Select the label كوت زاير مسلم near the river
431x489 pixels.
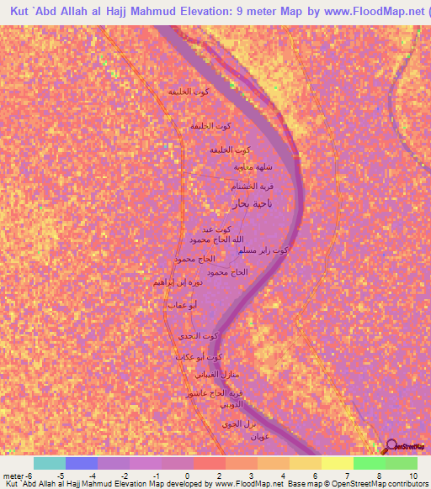(x=263, y=250)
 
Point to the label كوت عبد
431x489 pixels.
(x=216, y=229)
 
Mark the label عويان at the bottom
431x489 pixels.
(x=258, y=436)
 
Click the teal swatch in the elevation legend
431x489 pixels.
(x=50, y=463)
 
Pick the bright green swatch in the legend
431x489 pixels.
(x=370, y=463)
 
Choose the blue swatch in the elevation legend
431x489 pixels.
(x=82, y=463)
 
